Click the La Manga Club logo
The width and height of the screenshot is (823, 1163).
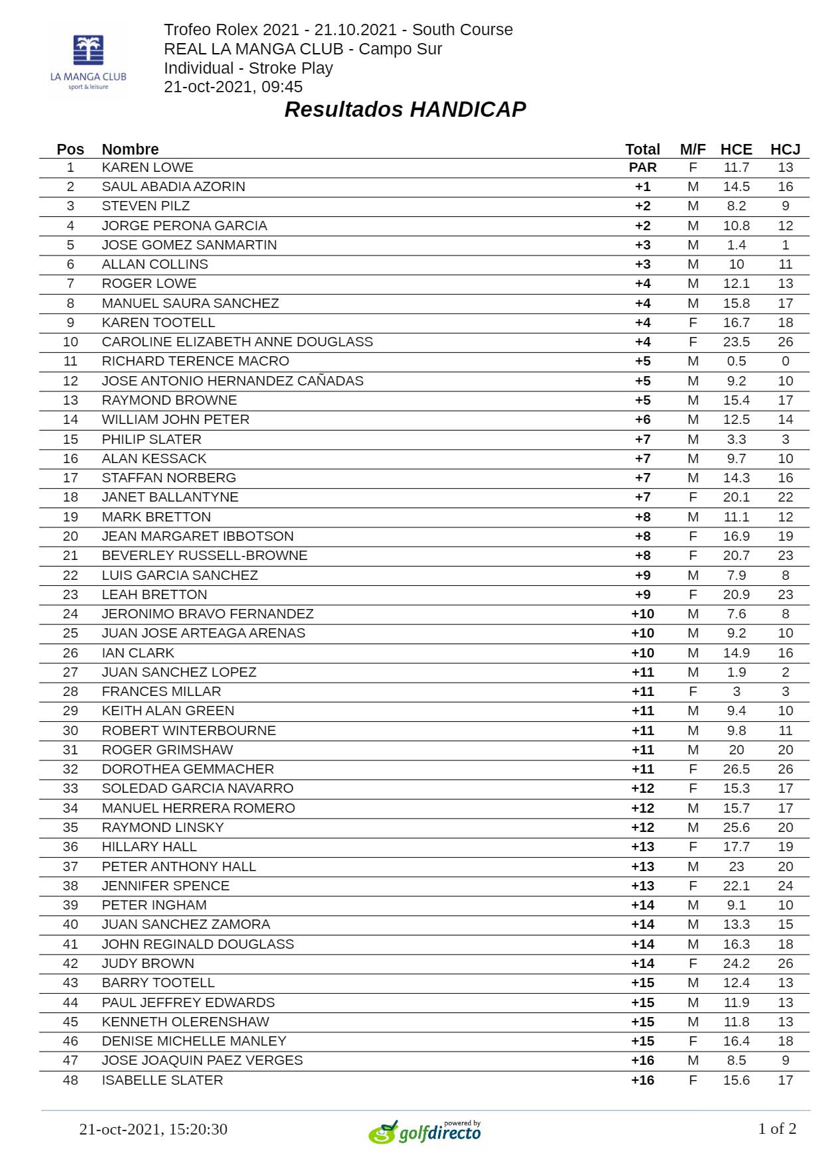point(88,62)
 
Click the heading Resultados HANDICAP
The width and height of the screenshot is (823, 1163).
point(405,109)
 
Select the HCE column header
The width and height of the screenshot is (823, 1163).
point(736,149)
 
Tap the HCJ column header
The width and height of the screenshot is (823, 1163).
point(785,149)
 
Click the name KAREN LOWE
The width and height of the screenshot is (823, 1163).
point(147,167)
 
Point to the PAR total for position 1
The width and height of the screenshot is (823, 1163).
point(642,167)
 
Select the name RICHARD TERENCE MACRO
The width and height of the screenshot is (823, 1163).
point(195,361)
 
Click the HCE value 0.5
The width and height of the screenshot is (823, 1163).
point(736,361)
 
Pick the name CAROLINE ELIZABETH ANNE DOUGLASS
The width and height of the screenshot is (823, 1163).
point(237,342)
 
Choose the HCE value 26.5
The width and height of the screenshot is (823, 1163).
point(736,769)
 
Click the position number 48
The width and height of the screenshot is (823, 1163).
point(70,1080)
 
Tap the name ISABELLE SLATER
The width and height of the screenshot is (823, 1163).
point(162,1080)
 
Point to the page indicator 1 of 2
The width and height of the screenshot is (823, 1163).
point(777,1129)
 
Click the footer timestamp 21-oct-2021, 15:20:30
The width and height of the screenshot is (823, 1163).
point(153,1129)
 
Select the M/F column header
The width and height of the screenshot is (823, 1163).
point(693,149)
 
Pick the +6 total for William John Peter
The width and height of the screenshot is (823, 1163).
point(642,419)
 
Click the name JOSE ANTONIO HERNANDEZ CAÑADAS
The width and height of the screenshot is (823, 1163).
point(232,381)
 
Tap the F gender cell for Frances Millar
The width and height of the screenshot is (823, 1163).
point(693,691)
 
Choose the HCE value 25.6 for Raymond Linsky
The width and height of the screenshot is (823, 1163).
point(736,827)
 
